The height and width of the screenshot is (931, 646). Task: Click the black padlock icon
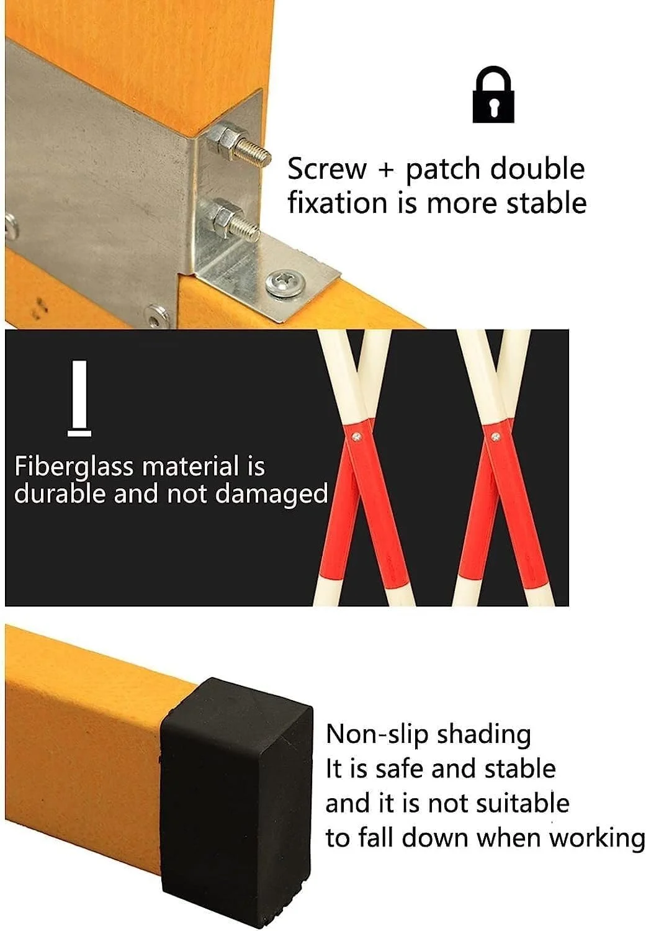coord(493,94)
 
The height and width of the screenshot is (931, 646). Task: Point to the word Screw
coord(328,169)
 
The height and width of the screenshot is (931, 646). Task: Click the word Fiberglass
coord(73,467)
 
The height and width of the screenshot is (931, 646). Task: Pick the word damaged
coord(272,495)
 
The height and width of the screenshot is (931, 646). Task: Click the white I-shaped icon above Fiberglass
coord(79,398)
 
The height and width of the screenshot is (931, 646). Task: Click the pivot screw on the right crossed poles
coord(496,436)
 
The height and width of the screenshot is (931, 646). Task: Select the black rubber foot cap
coord(237,806)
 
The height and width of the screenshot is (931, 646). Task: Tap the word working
coord(598,838)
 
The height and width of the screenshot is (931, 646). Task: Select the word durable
coord(60,494)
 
